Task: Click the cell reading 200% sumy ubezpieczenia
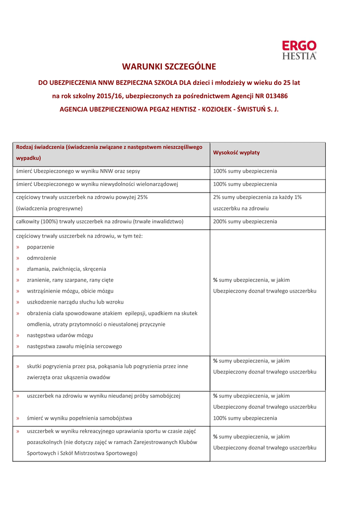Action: [245, 222]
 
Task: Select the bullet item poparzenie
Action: [41, 247]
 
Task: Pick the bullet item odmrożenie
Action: [42, 258]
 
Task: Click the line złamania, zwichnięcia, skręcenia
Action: [67, 269]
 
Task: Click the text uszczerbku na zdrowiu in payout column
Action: [241, 208]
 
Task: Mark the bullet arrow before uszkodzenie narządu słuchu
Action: [18, 302]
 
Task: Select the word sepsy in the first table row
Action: [132, 172]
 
